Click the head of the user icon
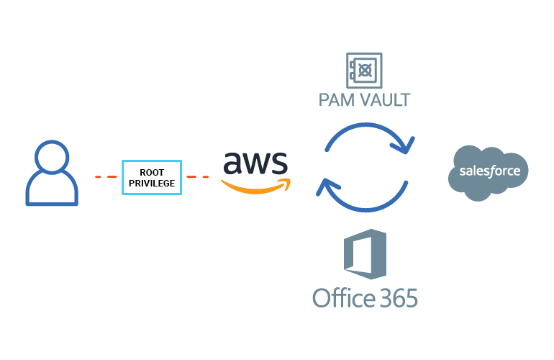51,157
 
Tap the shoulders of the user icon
51,192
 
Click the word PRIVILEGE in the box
152,183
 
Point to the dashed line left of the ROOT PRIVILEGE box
106,176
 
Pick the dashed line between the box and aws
198,176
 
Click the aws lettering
255,163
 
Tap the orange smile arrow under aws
255,187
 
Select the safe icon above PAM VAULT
364,71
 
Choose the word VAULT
385,100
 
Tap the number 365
394,297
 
